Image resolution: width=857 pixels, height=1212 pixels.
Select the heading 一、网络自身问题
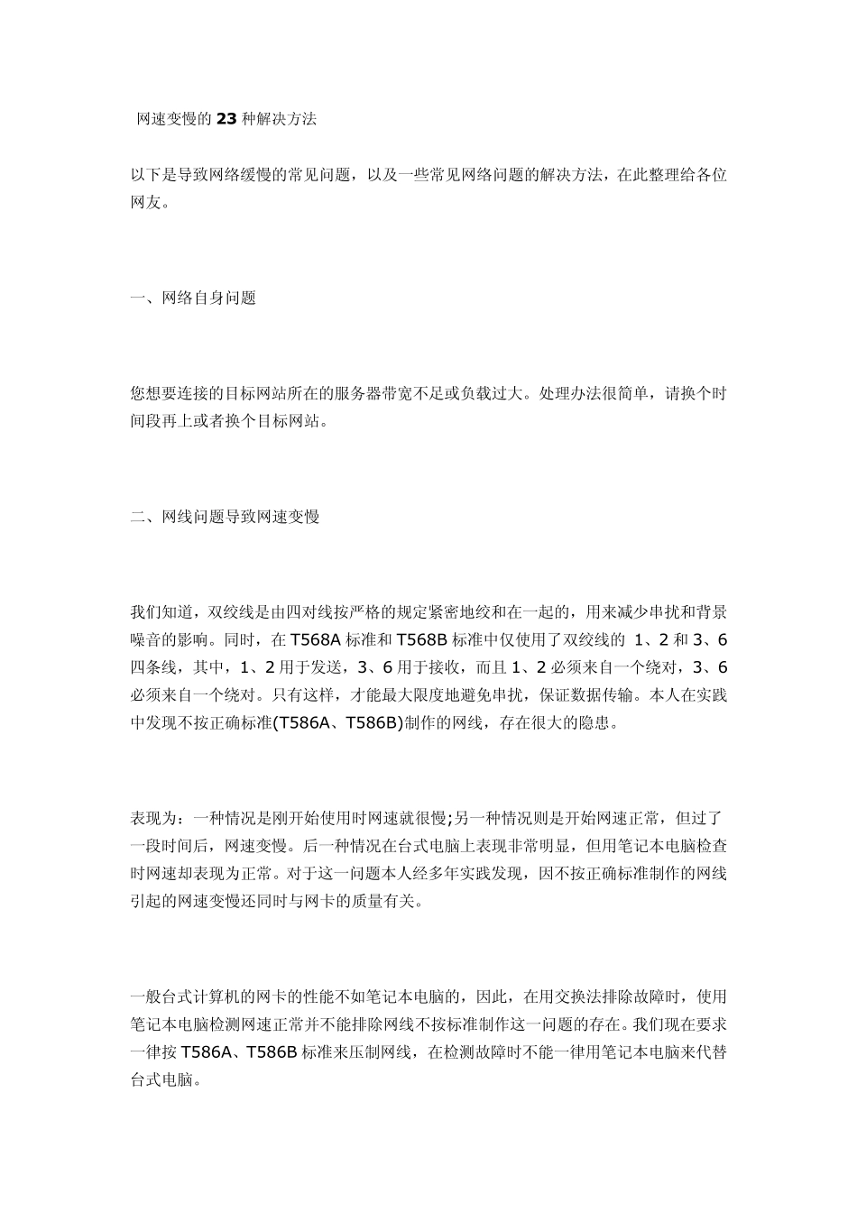coord(193,298)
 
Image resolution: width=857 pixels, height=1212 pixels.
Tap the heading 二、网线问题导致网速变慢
coord(225,517)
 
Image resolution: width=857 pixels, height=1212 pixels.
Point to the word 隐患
coord(597,723)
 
